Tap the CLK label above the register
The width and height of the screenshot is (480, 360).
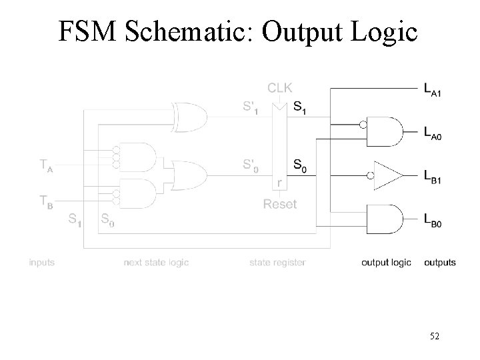coord(279,87)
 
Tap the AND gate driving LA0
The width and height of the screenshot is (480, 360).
coord(389,131)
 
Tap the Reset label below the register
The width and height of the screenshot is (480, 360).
coord(279,204)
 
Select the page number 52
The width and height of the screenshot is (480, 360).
coord(435,338)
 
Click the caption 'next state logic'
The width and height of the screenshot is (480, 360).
coord(156,263)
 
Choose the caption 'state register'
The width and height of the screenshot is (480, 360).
coord(277,263)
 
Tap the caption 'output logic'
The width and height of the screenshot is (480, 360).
coord(386,263)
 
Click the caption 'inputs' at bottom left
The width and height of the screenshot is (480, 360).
coord(41,263)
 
